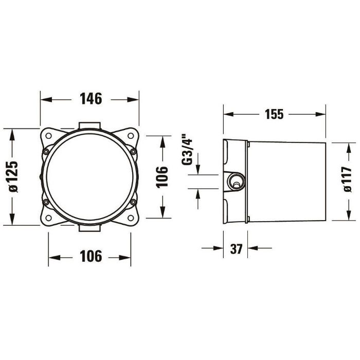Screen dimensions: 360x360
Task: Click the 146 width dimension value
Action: tap(91, 99)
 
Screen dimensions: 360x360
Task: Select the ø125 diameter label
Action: tap(13, 176)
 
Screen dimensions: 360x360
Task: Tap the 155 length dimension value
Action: tap(274, 114)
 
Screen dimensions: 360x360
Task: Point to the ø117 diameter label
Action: tap(347, 179)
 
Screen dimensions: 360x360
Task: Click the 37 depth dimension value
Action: tap(236, 249)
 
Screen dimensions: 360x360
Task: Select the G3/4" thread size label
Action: tap(187, 151)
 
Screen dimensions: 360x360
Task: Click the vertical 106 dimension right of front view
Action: tap(163, 177)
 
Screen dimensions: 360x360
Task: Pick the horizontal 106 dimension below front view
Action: tap(91, 256)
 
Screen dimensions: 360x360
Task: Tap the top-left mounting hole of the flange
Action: tap(48, 136)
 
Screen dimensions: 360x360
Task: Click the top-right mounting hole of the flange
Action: tap(131, 136)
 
